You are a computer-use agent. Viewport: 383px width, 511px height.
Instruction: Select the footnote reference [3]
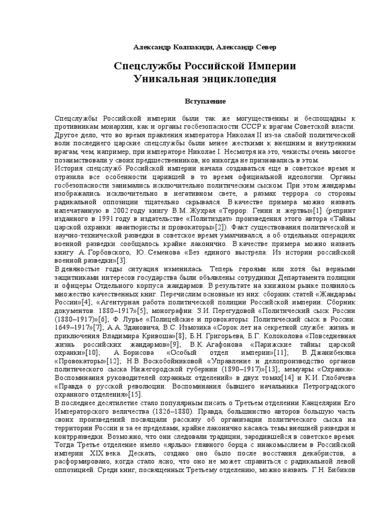point(122,260)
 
